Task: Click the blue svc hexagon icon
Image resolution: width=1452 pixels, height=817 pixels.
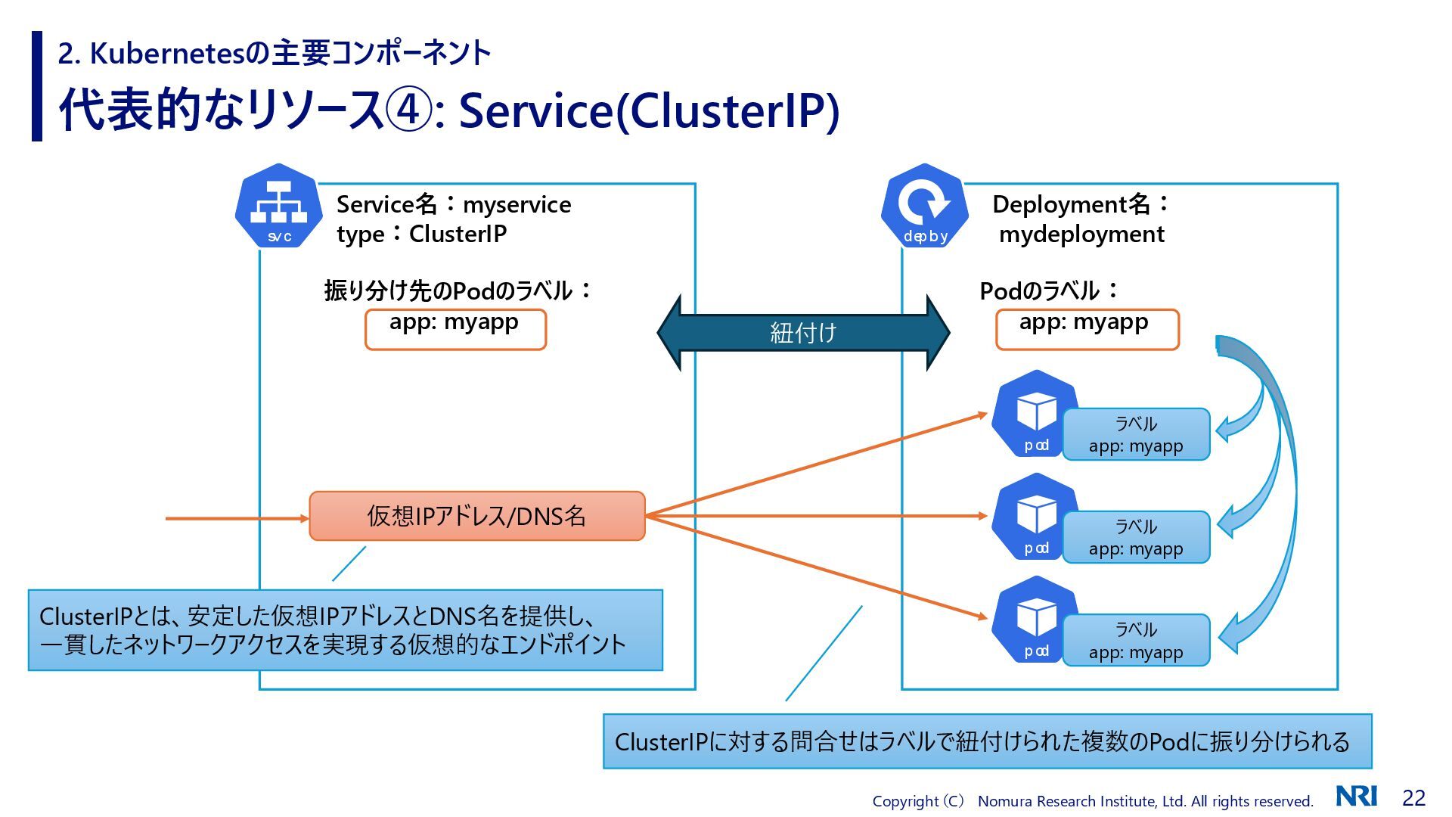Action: click(279, 207)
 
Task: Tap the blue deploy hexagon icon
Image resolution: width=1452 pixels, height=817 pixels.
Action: click(925, 207)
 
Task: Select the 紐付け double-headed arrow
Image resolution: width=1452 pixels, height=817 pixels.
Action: click(803, 333)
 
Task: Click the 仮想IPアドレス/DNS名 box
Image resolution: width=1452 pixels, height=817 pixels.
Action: click(477, 516)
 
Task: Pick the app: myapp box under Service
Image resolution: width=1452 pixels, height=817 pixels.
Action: click(455, 329)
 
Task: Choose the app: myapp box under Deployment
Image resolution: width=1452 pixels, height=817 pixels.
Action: click(1087, 329)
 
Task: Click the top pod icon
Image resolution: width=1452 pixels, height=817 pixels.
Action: click(1035, 415)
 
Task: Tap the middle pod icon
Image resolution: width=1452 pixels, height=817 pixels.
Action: click(1035, 517)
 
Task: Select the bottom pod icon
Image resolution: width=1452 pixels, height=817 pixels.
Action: click(1035, 620)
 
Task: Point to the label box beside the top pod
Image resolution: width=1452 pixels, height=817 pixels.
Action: click(1136, 434)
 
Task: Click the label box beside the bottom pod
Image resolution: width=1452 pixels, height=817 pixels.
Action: click(1136, 640)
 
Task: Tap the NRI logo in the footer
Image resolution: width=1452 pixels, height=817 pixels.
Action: click(1356, 797)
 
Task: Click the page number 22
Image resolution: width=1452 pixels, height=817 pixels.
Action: click(1413, 798)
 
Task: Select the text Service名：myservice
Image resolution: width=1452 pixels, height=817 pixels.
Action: click(454, 204)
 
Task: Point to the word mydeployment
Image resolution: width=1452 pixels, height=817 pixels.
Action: click(1081, 235)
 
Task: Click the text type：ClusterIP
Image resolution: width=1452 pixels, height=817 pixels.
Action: click(422, 235)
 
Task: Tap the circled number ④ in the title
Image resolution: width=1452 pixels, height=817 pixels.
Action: click(409, 110)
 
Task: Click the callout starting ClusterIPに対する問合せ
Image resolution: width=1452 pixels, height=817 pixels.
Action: click(987, 741)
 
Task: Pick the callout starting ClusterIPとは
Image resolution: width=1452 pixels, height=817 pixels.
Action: click(346, 630)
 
